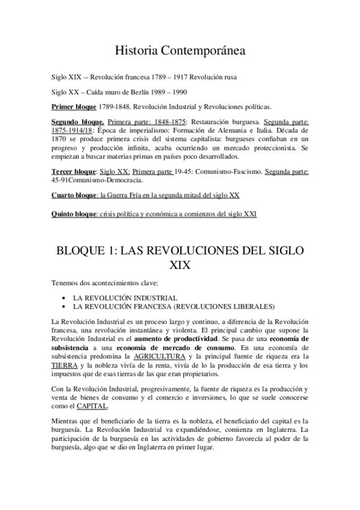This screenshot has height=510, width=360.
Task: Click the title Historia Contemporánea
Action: [x=180, y=52]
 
